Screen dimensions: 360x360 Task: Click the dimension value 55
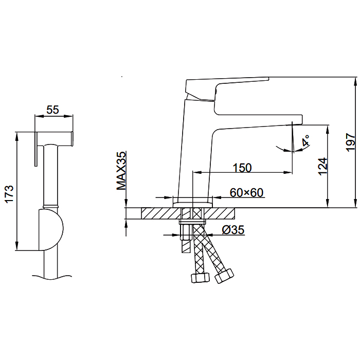tap(53, 110)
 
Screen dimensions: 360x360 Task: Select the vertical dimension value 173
tap(10, 193)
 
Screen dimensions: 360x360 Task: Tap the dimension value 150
tap(242, 168)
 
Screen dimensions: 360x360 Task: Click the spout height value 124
tap(322, 166)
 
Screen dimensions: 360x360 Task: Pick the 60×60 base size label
tap(246, 193)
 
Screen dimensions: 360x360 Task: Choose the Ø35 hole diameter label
tap(233, 230)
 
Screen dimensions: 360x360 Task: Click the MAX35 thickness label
tap(121, 170)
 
